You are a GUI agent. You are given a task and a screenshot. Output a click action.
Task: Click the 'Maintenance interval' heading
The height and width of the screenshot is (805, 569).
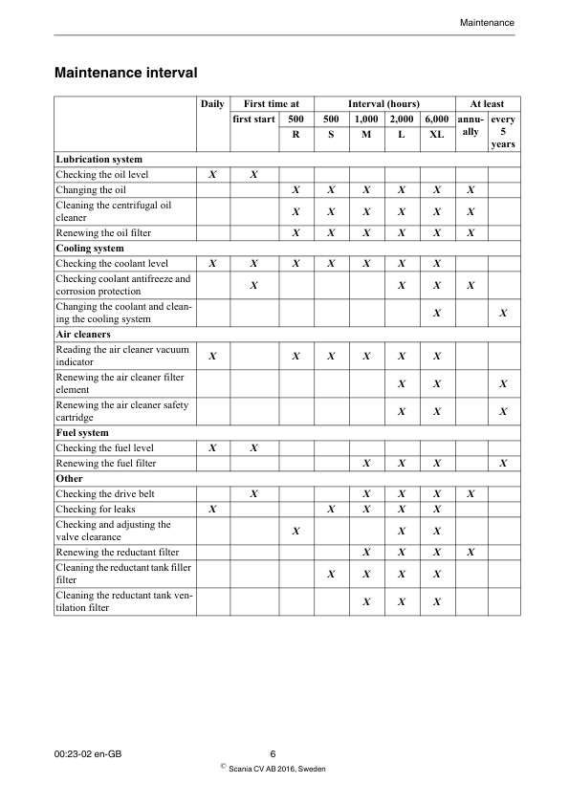[126, 73]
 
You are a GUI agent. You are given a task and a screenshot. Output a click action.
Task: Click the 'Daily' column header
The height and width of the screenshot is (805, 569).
[212, 103]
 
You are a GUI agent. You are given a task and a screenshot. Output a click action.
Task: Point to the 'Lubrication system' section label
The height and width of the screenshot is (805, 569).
[99, 159]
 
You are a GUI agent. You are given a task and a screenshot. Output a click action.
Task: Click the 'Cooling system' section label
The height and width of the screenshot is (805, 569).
[90, 248]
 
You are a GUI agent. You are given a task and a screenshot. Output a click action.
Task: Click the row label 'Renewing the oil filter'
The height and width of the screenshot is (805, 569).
[103, 232]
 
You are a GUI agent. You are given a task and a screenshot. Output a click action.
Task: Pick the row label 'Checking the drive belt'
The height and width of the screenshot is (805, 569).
[105, 493]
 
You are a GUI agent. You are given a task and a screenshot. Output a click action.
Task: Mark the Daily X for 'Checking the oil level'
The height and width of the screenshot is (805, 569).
[212, 175]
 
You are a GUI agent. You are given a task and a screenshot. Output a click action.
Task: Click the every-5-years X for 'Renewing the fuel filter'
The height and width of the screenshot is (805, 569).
[503, 464]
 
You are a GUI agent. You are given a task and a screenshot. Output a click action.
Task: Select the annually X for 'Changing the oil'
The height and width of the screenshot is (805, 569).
[471, 190]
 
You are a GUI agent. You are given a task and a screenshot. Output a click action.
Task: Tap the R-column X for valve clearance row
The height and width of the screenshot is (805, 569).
[296, 531]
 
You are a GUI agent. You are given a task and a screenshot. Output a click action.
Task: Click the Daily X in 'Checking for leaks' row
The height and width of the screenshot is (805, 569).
[212, 510]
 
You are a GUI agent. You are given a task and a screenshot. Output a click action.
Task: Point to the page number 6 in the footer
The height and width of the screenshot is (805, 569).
[274, 754]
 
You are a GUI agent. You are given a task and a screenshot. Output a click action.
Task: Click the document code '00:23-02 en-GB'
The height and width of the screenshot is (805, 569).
[89, 754]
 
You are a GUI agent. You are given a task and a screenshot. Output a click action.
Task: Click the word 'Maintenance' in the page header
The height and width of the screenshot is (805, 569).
[487, 22]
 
